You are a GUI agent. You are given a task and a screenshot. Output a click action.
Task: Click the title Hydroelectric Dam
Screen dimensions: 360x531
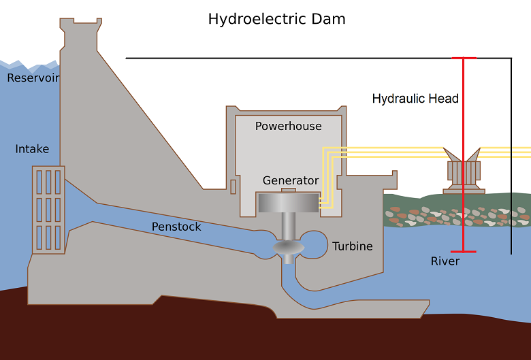276,19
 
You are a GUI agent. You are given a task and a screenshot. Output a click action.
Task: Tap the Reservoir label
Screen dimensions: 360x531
33,78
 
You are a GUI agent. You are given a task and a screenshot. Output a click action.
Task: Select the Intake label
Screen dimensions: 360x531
32,149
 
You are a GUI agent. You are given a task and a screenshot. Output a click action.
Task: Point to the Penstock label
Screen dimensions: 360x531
176,227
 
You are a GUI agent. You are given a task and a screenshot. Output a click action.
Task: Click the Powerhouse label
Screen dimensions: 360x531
288,126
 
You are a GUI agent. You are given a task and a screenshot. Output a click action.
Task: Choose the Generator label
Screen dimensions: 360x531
291,180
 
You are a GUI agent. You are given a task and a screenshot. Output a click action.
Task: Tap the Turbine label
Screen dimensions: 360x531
353,246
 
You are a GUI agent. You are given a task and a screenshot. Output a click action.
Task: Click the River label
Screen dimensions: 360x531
445,261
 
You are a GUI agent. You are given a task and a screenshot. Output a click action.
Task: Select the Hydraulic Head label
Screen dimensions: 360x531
415,99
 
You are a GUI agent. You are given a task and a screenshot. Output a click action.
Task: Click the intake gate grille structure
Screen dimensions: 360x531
48,210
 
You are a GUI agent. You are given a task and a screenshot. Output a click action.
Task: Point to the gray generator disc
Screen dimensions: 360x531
289,203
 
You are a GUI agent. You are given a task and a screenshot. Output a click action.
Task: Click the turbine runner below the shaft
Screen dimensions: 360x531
289,249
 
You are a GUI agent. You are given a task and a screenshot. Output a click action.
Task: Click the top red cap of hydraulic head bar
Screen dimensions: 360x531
464,59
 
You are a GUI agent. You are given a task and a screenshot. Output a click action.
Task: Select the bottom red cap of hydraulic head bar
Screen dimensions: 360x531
464,252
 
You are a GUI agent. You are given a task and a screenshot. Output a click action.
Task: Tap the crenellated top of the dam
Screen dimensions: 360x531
81,26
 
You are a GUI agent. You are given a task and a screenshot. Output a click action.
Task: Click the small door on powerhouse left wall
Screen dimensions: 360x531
233,186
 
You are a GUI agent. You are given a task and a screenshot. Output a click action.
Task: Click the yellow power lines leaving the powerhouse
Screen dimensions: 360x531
408,151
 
